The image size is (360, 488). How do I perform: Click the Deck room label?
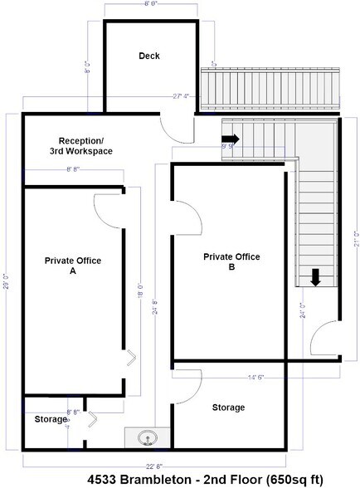pyautogui.click(x=148, y=56)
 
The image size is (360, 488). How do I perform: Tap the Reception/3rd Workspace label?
pyautogui.click(x=85, y=145)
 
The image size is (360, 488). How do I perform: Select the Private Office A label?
pyautogui.click(x=73, y=266)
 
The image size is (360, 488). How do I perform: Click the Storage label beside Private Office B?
pyautogui.click(x=228, y=407)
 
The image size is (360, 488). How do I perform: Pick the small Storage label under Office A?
pyautogui.click(x=51, y=420)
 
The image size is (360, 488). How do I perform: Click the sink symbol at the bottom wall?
pyautogui.click(x=147, y=437)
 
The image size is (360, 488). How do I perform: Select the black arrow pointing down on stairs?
pyautogui.click(x=316, y=276)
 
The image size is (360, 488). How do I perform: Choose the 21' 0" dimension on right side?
pyautogui.click(x=355, y=240)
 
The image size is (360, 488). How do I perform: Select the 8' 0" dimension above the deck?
pyautogui.click(x=152, y=4)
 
